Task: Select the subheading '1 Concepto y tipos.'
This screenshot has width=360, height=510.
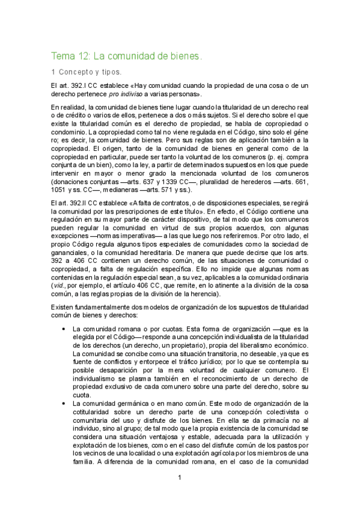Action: pyautogui.click(x=86, y=72)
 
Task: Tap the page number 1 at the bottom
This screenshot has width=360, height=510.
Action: pyautogui.click(x=180, y=478)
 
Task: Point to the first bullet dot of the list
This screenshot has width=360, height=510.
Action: pyautogui.click(x=64, y=329)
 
